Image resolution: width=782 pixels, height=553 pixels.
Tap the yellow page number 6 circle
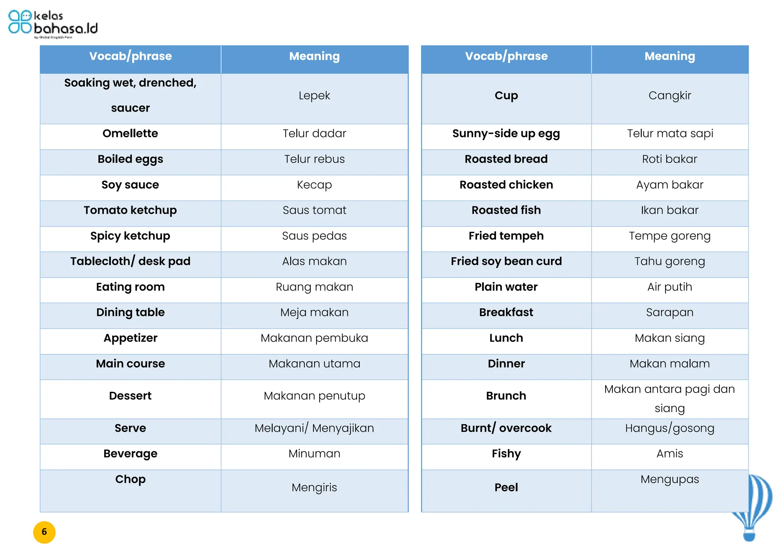click(x=44, y=532)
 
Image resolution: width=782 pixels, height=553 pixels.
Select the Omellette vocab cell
click(x=130, y=134)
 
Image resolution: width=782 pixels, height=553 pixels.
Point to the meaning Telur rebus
click(x=314, y=159)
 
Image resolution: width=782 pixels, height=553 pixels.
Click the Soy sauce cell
click(x=130, y=185)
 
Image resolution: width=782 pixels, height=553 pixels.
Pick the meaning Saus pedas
click(x=314, y=236)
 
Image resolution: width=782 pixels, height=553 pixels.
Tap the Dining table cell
click(x=130, y=312)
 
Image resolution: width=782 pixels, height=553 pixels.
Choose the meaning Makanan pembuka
click(x=314, y=338)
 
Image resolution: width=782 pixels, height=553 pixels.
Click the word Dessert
click(x=130, y=396)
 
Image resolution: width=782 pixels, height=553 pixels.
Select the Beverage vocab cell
click(x=130, y=454)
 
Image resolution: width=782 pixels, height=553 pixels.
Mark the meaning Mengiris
click(x=314, y=487)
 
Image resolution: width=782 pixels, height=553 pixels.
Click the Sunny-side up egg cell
click(x=506, y=134)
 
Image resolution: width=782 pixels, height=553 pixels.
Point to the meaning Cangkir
click(x=670, y=95)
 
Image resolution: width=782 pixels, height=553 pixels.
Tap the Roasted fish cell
click(x=506, y=210)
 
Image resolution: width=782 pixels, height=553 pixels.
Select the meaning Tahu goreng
click(x=670, y=262)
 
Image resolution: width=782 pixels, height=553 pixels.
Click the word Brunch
click(x=506, y=396)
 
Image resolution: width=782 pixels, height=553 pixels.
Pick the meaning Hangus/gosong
click(x=670, y=428)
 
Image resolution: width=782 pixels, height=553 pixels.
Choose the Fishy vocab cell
click(x=506, y=454)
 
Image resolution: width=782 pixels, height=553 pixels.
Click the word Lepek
click(x=314, y=95)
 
